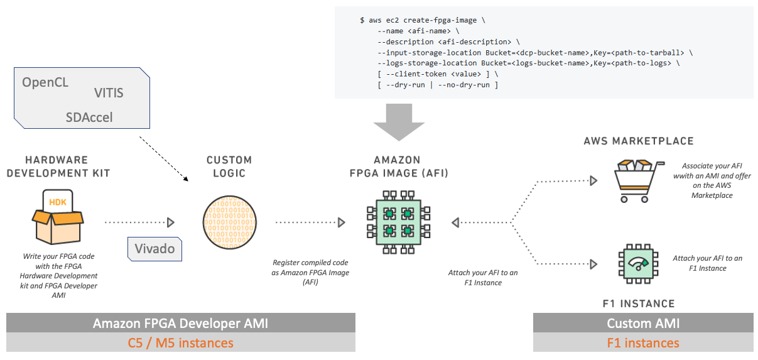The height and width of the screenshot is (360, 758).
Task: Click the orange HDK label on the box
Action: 58,202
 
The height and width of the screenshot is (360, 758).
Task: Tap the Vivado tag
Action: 154,249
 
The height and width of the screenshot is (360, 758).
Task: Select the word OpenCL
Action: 45,82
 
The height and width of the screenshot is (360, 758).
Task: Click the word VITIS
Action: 109,93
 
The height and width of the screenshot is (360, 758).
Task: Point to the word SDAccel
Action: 89,117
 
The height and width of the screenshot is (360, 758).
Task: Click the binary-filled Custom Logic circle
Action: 229,222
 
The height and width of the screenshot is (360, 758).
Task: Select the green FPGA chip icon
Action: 399,222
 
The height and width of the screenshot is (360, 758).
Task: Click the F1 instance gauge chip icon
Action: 638,264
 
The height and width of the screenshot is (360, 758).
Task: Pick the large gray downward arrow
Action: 399,123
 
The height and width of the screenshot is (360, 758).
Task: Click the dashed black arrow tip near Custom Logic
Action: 187,180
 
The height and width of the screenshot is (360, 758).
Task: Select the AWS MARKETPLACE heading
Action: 639,141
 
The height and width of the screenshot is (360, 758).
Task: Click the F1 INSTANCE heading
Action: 639,304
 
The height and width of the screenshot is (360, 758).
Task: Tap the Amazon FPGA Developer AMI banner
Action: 181,323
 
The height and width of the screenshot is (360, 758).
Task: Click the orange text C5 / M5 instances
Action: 181,343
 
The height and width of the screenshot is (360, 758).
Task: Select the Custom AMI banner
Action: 643,323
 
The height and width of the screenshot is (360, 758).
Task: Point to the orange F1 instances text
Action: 643,343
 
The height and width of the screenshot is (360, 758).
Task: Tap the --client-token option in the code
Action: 416,74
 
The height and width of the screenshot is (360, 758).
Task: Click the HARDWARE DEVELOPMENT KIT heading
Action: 58,166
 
